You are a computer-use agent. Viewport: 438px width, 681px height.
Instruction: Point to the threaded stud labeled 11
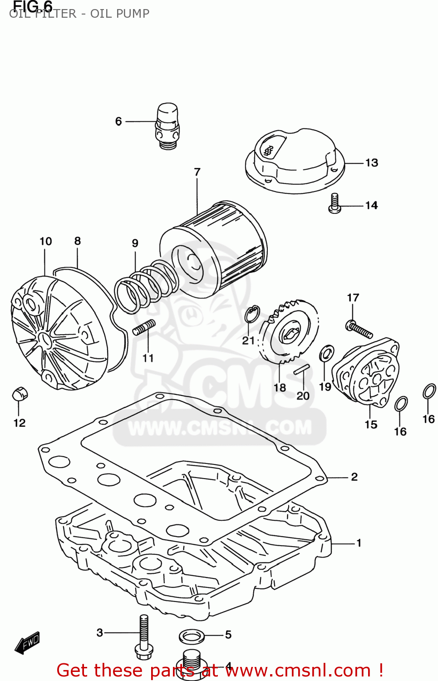click(144, 327)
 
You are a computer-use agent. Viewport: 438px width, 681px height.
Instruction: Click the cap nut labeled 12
click(20, 394)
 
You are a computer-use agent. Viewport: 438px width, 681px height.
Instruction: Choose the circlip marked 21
click(252, 314)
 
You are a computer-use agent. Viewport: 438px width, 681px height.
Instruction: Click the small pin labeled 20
click(301, 370)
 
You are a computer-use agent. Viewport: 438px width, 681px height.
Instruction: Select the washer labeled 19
click(326, 353)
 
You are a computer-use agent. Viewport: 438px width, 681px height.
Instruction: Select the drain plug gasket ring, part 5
click(192, 636)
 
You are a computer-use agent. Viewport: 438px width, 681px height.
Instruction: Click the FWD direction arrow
click(28, 643)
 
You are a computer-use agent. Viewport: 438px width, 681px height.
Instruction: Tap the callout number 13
click(372, 163)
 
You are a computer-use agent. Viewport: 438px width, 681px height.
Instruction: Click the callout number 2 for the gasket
click(354, 477)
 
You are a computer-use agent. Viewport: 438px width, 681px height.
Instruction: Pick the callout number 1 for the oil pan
click(359, 543)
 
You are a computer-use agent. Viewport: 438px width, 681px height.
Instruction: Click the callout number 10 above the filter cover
click(45, 241)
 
